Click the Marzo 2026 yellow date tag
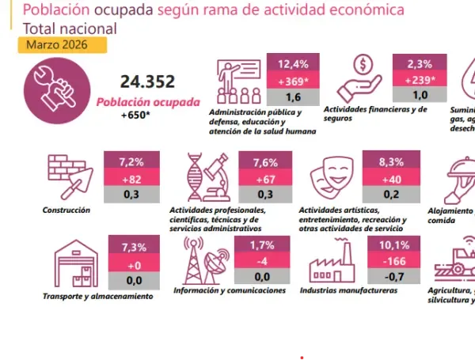click(x=51, y=44)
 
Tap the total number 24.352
click(x=147, y=82)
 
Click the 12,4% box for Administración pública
click(x=294, y=64)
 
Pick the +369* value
click(x=294, y=81)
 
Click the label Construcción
click(x=66, y=210)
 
